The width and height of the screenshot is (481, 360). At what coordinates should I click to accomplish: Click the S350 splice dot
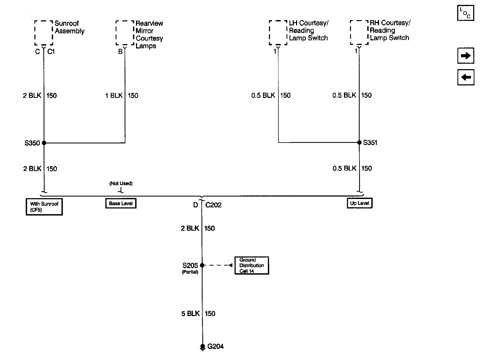44,143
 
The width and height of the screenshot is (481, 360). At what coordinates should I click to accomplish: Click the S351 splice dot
359,142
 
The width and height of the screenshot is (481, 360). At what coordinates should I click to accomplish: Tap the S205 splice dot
202,265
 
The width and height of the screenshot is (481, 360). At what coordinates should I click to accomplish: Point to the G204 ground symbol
202,347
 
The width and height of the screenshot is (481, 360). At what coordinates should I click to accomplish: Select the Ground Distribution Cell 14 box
252,265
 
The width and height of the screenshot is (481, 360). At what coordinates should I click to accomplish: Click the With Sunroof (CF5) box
44,207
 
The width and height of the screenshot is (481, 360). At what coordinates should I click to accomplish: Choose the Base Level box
121,203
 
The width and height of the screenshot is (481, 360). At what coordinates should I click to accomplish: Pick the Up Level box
360,203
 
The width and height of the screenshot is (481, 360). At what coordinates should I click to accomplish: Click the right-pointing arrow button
466,56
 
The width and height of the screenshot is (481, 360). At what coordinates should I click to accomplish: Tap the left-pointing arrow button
466,77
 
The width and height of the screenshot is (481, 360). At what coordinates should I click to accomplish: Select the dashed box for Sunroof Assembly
43,33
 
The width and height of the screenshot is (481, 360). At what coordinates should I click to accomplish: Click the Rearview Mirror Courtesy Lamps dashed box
125,33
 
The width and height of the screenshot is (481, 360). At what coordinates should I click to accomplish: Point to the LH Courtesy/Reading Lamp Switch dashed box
278,32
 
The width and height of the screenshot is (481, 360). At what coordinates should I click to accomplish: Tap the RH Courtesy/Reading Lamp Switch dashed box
359,32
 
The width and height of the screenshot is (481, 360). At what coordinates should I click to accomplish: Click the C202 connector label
213,205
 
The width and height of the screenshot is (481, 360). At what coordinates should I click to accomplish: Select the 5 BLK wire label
190,314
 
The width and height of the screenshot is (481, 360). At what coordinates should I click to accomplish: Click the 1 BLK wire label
114,95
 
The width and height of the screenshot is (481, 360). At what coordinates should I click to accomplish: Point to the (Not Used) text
121,184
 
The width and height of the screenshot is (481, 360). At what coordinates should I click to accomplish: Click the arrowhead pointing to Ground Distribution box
230,265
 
